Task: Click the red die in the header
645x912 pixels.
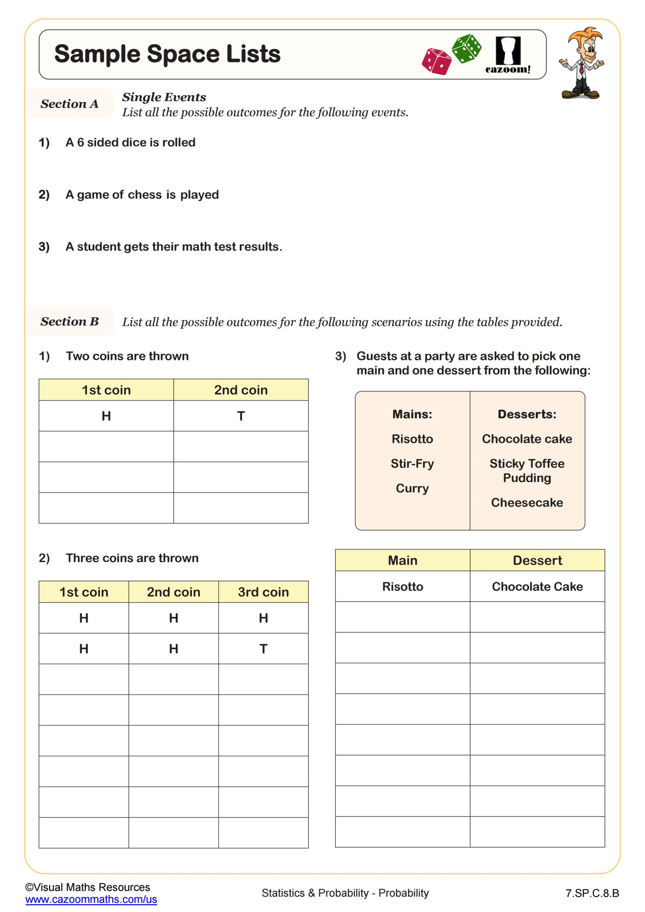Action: [x=437, y=62]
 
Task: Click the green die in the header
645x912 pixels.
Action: [x=466, y=48]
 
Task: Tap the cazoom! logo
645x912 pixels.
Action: [x=508, y=55]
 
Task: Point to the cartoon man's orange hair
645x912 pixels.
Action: [x=584, y=35]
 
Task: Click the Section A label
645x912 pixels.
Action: [x=69, y=104]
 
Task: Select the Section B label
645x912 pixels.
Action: [x=69, y=321]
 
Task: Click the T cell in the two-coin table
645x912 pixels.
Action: [x=241, y=416]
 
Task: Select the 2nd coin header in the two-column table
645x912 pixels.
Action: [x=241, y=390]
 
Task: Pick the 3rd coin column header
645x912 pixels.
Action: [x=263, y=592]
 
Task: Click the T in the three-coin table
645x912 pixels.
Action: [x=263, y=649]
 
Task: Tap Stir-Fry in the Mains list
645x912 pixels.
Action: [x=412, y=463]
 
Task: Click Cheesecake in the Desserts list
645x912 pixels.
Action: [x=527, y=502]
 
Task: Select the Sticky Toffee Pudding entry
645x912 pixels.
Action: [x=527, y=471]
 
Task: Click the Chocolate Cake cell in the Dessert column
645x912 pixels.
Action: [x=537, y=587]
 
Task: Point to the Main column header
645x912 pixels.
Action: [x=402, y=560]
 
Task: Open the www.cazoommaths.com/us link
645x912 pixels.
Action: [x=91, y=899]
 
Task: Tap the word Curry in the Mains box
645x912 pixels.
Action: [x=412, y=488]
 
